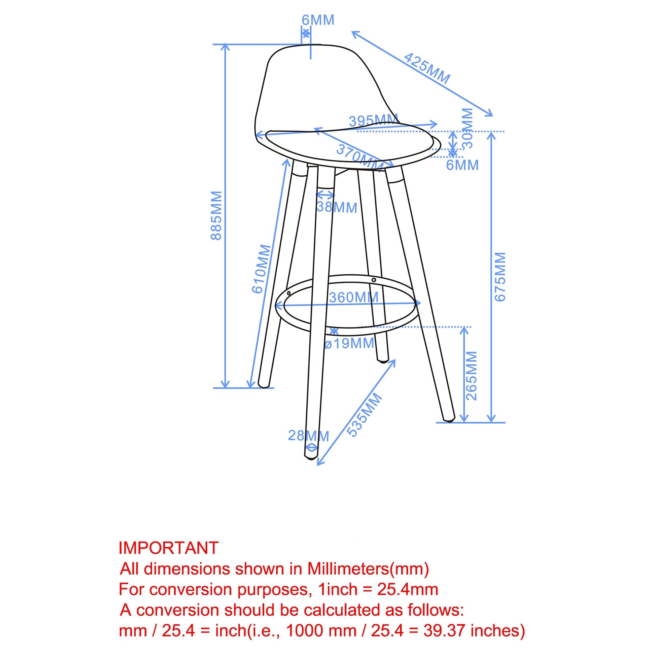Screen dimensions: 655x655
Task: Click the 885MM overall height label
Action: tap(216, 216)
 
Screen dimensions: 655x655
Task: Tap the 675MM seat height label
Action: tap(500, 277)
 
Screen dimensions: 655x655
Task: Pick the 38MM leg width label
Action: tap(337, 207)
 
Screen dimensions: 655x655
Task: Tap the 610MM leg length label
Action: tap(262, 269)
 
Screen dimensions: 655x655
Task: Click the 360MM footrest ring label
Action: tap(354, 298)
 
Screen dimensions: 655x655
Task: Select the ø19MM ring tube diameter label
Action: tap(349, 343)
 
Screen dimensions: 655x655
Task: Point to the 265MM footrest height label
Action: tap(472, 376)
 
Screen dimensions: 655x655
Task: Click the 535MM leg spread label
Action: tap(365, 415)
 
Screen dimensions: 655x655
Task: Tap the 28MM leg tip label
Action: tap(309, 436)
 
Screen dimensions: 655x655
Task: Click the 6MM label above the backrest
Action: tap(318, 20)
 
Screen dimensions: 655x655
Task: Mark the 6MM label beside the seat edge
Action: tap(462, 165)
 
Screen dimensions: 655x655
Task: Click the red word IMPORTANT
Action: tap(169, 548)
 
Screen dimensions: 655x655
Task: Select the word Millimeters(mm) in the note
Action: tap(368, 569)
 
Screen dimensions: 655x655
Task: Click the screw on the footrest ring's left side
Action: tap(288, 293)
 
